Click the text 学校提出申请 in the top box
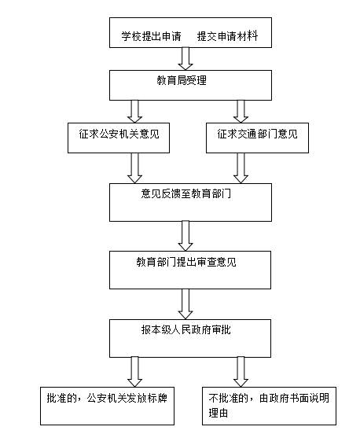tap(151, 36)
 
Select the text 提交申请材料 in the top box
tap(227, 36)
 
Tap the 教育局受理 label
tap(182, 80)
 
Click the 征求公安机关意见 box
tap(119, 138)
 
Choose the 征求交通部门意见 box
tap(257, 138)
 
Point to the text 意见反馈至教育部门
tap(186, 193)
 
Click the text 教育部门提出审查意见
tap(186, 261)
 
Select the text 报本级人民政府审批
tap(186, 329)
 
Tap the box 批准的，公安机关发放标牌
tap(107, 406)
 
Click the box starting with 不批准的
tap(270, 406)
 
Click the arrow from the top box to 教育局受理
tap(186, 58)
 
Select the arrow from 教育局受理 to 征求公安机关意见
tap(134, 112)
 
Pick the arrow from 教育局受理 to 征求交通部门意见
tap(241, 112)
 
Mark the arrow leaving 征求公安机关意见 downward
tap(134, 168)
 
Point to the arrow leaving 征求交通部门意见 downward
tap(241, 168)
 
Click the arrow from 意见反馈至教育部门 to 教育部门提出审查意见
tap(186, 236)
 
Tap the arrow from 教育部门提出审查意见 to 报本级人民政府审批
tap(186, 304)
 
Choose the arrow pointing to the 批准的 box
tap(134, 372)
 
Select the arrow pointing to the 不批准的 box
tap(241, 372)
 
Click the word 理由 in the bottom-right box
tap(219, 413)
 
